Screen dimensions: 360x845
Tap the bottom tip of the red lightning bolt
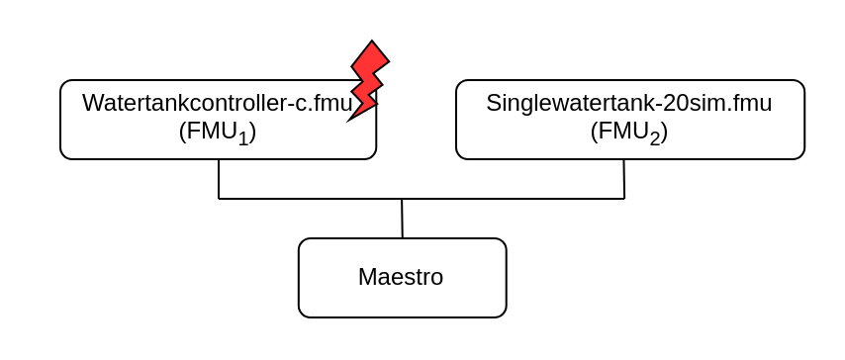coord(348,120)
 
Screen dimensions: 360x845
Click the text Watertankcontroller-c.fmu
coord(217,104)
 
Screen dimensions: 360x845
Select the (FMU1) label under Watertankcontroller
coord(217,133)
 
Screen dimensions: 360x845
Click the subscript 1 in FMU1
coord(242,139)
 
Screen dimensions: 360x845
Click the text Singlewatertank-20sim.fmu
coord(628,104)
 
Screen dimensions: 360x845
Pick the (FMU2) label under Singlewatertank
coord(628,133)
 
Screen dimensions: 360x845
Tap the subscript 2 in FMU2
coord(654,139)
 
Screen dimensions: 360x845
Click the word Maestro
coord(401,277)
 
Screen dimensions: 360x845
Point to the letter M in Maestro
coord(367,277)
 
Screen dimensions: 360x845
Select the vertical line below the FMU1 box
coord(219,179)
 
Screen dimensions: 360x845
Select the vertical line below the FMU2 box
coord(623,179)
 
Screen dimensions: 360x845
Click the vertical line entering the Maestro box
coord(402,219)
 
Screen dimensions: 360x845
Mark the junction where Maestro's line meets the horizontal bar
coord(402,199)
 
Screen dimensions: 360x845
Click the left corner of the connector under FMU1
coord(219,199)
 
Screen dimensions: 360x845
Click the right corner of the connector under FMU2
coord(624,199)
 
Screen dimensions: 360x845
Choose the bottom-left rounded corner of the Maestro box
coord(302,314)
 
